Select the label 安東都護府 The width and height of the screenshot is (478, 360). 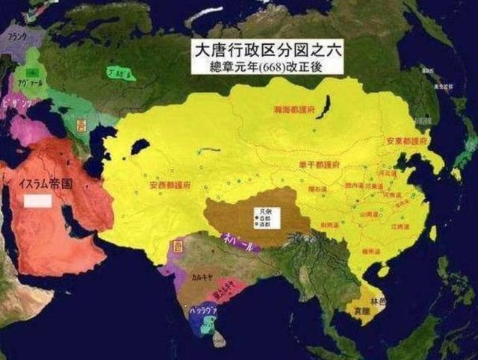pyautogui.click(x=406, y=140)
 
